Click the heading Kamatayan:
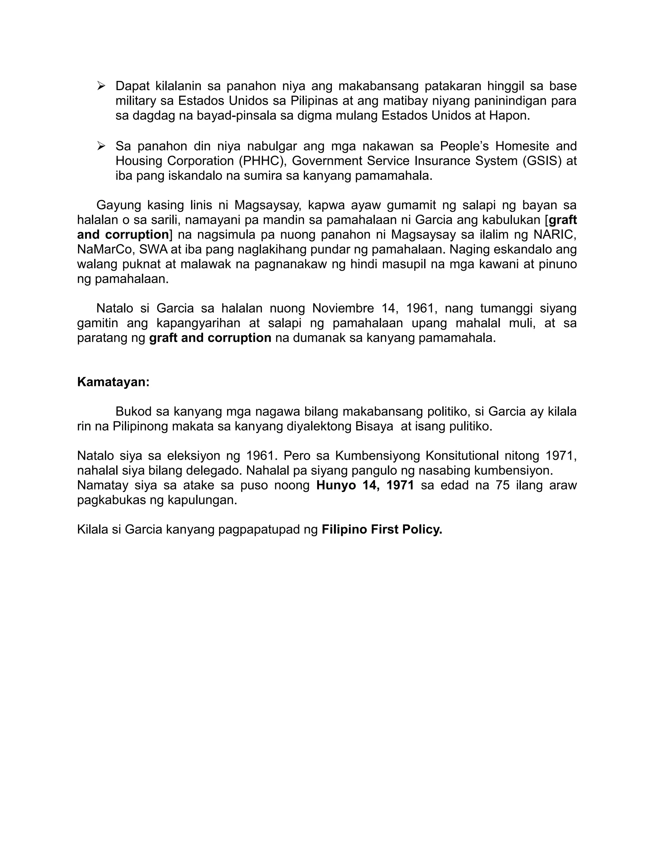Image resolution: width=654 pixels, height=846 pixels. coord(113,382)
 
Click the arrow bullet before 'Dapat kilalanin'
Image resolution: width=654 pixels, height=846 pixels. coord(102,86)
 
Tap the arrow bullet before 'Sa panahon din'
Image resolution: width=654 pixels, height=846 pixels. coord(102,146)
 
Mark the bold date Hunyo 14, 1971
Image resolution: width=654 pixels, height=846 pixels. coord(365,485)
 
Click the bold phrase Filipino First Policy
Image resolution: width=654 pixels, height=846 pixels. coord(382,530)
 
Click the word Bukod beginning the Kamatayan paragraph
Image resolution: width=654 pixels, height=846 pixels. coord(134,412)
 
